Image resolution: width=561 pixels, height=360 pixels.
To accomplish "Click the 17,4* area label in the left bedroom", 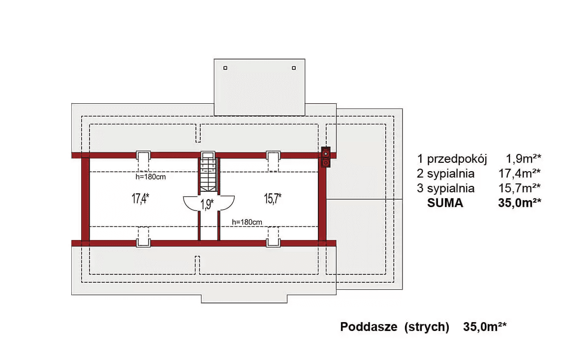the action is click(x=140, y=198).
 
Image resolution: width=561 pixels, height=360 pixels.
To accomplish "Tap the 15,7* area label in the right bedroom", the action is click(x=273, y=198).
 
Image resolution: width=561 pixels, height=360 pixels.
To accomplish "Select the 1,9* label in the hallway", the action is click(x=207, y=204).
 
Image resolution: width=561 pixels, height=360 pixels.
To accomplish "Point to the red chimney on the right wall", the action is click(x=326, y=157).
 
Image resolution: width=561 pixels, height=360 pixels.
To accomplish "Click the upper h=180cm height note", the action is click(x=151, y=177).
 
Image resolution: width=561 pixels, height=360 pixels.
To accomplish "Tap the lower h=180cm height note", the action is click(x=247, y=222).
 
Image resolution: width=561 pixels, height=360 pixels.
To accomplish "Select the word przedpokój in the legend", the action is click(x=457, y=159).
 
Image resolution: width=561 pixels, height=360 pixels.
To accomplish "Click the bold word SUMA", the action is click(x=445, y=203).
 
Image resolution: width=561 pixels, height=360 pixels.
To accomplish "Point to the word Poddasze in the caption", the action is click(x=369, y=327).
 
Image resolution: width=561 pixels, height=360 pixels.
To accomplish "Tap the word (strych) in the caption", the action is click(x=427, y=327).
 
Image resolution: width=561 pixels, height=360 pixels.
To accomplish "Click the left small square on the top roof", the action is click(x=225, y=68).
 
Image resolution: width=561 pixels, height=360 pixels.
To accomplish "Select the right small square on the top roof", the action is click(x=294, y=68).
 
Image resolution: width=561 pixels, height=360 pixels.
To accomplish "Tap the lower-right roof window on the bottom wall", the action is click(x=273, y=243).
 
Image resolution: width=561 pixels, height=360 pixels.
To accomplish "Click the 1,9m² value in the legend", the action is click(x=524, y=158).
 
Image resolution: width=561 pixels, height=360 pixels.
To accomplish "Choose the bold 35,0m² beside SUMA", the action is click(x=520, y=203).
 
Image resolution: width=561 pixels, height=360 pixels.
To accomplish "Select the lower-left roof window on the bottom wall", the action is click(x=144, y=243).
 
